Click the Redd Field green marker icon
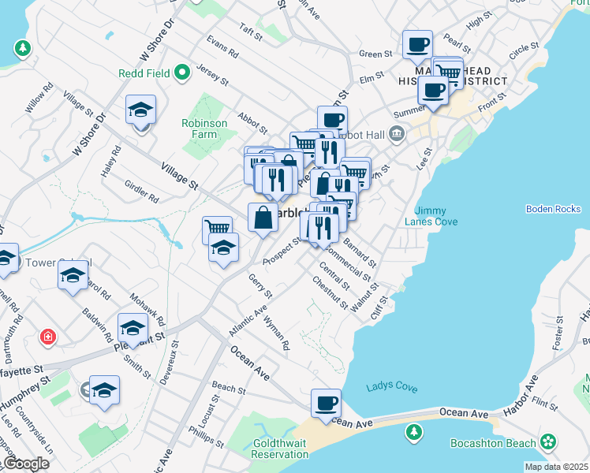[183, 73]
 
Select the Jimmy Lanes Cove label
[436, 216]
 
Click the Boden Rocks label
[553, 209]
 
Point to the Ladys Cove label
[392, 387]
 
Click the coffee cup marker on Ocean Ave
[326, 404]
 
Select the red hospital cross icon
[49, 337]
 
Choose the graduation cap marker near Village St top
[140, 109]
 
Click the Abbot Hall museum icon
[396, 134]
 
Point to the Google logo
[26, 464]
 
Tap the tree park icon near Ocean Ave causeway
[413, 432]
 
